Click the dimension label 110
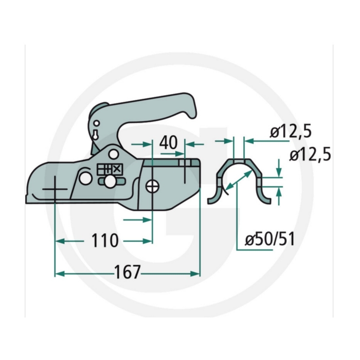click(105, 240)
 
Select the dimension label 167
click(127, 272)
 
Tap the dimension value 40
click(169, 142)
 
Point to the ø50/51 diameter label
click(270, 239)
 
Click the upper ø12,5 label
click(291, 132)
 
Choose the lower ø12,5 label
click(310, 154)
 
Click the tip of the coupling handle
click(193, 115)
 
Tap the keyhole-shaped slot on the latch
click(95, 135)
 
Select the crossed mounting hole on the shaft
click(152, 186)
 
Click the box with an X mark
click(117, 169)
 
